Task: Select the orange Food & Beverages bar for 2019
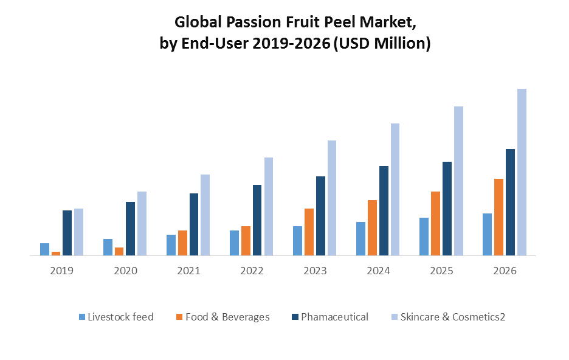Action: [56, 254]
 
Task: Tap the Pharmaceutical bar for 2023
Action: [320, 216]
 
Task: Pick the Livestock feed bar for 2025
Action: [424, 237]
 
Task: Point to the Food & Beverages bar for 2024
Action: [372, 227]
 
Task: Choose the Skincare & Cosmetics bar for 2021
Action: [205, 215]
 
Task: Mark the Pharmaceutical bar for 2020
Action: [130, 229]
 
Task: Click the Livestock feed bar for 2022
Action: [234, 243]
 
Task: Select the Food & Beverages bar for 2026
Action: [498, 217]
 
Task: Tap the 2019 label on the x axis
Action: [61, 271]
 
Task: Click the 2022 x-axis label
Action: [252, 271]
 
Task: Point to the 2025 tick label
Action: [441, 271]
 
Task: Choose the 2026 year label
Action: [505, 271]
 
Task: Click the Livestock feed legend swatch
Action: [82, 317]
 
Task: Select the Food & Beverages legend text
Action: [227, 317]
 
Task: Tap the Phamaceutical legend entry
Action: [334, 317]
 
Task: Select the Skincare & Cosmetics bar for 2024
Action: [395, 189]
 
